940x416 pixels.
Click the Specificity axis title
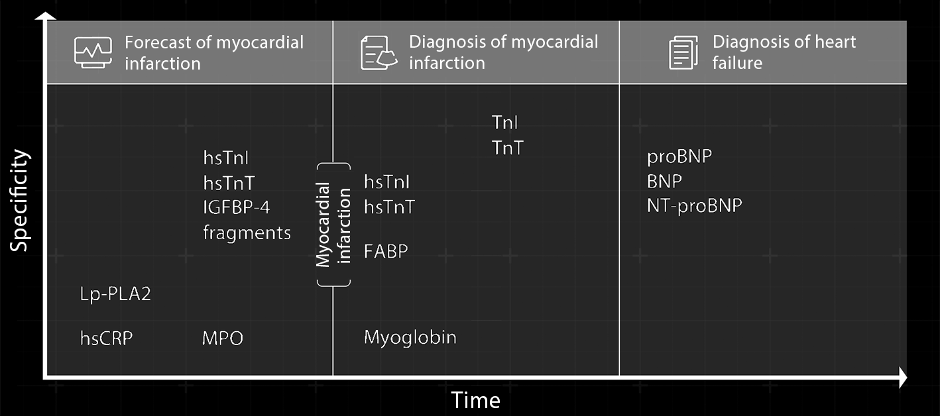(20, 200)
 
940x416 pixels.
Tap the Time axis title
(475, 400)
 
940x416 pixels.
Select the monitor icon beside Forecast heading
(93, 52)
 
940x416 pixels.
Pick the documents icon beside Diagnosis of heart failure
(683, 52)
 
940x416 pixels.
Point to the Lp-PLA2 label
(115, 293)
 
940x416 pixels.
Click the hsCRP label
(106, 338)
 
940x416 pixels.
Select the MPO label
(223, 338)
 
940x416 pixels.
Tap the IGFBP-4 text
(237, 207)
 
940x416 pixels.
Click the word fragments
(247, 233)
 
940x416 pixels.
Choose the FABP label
(386, 252)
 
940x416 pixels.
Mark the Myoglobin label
(410, 338)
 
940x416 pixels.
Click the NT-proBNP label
(694, 206)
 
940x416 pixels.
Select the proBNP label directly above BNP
(679, 157)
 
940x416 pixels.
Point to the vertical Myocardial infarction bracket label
(333, 225)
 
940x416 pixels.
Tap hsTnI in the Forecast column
(225, 158)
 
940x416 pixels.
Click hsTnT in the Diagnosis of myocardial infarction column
(389, 207)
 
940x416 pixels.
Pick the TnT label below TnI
(507, 148)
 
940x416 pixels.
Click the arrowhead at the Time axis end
(902, 378)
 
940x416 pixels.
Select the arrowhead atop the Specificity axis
(44, 16)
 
